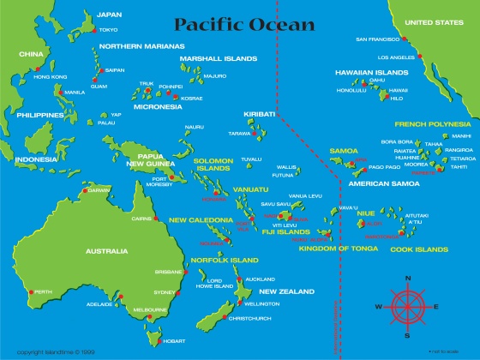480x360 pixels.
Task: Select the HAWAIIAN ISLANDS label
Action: [x=371, y=73]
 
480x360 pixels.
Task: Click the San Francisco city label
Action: [x=378, y=39]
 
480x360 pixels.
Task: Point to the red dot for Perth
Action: [x=31, y=291]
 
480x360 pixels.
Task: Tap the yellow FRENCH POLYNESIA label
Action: [x=434, y=123]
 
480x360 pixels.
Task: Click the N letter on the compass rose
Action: [x=408, y=278]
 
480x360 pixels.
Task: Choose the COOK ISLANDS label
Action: [x=419, y=249]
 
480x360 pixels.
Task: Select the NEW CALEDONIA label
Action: [x=201, y=220]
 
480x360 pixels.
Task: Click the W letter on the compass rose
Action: [x=378, y=306]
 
